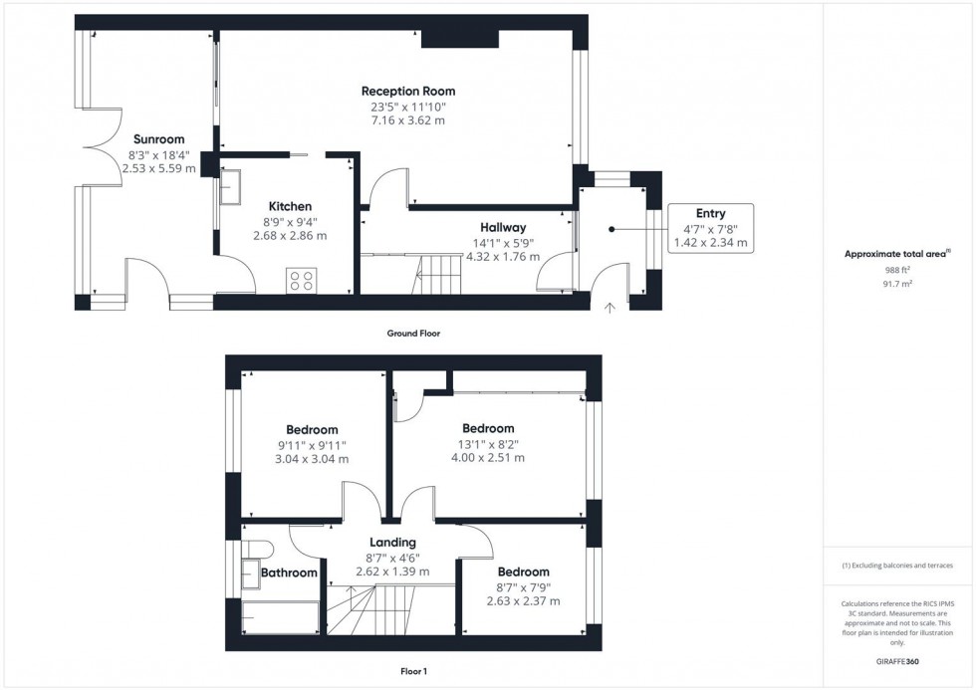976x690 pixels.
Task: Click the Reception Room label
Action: pyautogui.click(x=408, y=92)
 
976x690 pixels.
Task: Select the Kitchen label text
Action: pyautogui.click(x=289, y=206)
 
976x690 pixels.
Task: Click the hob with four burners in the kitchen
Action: pyautogui.click(x=301, y=280)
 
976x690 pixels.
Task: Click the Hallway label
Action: pyautogui.click(x=502, y=228)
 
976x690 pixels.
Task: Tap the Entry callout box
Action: pyautogui.click(x=710, y=228)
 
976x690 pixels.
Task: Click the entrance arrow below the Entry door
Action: pyautogui.click(x=610, y=308)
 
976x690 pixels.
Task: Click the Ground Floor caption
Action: pyautogui.click(x=413, y=334)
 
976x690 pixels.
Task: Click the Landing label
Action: pyautogui.click(x=392, y=543)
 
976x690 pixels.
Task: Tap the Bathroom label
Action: pyautogui.click(x=289, y=573)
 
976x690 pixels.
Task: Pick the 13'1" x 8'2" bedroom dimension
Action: pyautogui.click(x=488, y=444)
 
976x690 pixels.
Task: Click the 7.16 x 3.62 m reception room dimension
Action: pyautogui.click(x=407, y=120)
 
